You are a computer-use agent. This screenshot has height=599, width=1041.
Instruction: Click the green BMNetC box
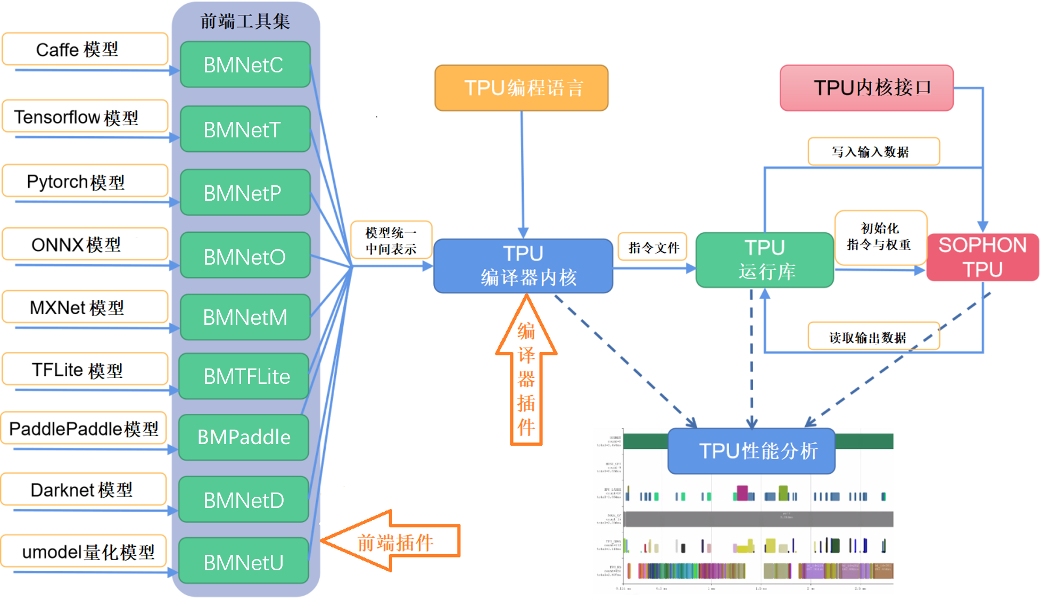coord(245,64)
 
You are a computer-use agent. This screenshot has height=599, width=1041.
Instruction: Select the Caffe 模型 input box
coord(85,49)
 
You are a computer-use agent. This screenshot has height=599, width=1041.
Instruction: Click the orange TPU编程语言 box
coord(521,88)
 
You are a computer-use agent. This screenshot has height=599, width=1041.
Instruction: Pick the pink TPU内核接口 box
coord(866,88)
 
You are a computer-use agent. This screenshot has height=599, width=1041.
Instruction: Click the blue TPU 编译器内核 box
coord(523,266)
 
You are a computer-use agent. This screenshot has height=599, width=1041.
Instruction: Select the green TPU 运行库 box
coord(764,260)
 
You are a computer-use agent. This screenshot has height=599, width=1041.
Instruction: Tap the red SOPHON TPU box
coord(982,257)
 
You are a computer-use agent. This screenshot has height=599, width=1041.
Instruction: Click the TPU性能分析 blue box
coord(751,451)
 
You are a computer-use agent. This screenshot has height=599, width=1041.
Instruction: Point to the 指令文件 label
coord(652,247)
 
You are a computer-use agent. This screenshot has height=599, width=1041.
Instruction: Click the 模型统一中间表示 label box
coord(391,240)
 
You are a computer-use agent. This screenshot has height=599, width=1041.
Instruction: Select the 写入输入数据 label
coord(873,152)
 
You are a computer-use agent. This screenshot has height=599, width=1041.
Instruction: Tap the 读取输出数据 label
coord(873,337)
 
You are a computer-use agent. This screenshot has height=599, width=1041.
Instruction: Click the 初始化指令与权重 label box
coord(880,237)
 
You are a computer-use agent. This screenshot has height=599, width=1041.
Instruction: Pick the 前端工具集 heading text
coord(245,21)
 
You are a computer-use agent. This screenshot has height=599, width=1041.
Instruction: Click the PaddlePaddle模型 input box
coord(84,428)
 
